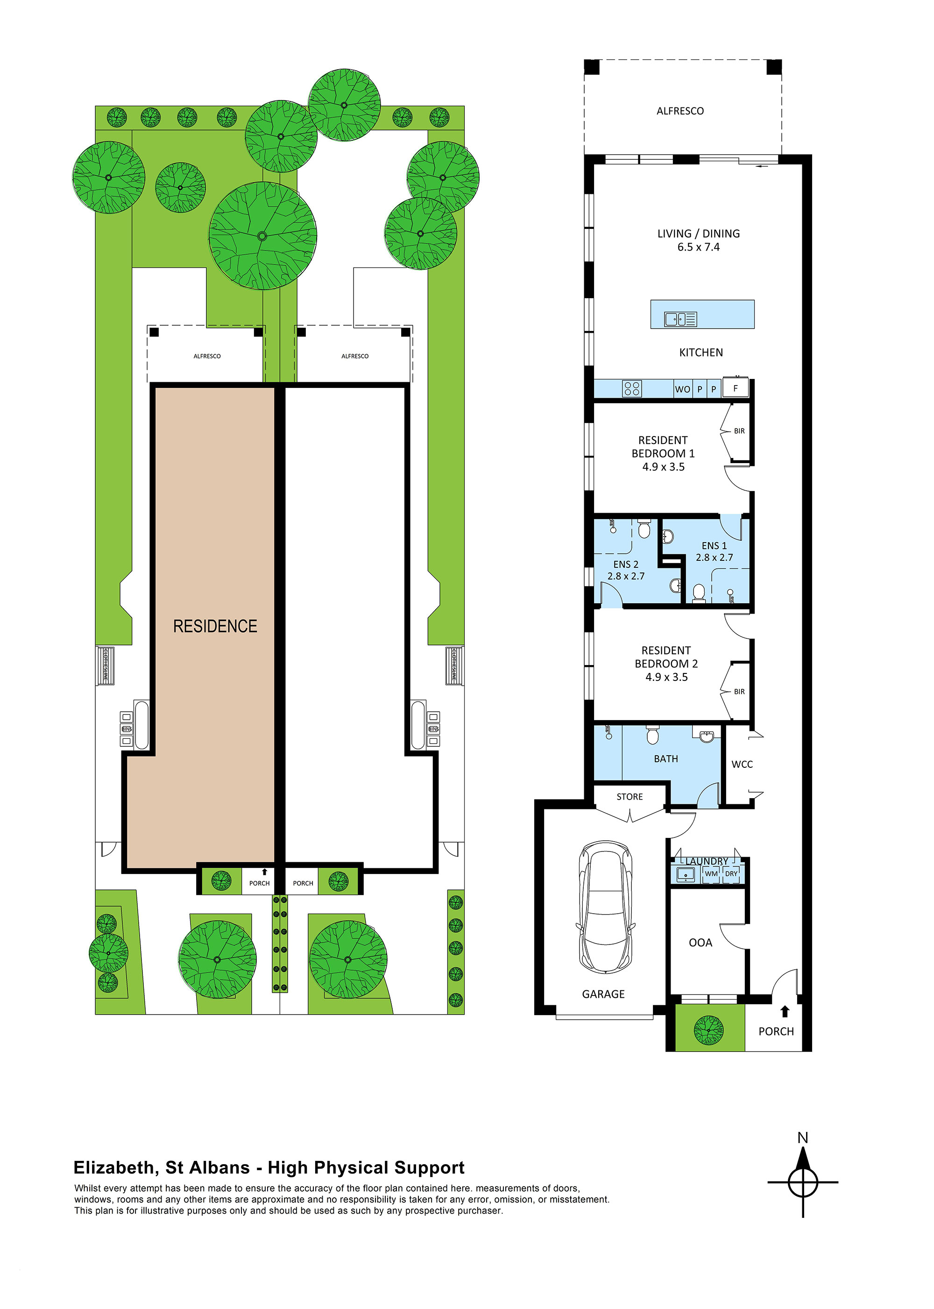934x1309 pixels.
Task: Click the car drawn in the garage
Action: pos(605,908)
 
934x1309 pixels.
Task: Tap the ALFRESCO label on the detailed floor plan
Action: pos(680,111)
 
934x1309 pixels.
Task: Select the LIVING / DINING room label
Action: pos(698,234)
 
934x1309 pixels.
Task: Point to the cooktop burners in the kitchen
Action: pos(631,389)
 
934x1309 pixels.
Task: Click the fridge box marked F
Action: pos(735,388)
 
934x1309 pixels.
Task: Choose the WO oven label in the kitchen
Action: pos(682,390)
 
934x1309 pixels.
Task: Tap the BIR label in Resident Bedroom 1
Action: pos(739,431)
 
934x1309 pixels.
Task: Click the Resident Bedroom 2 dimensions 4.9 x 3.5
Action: pos(666,677)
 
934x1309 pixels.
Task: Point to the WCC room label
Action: pos(742,764)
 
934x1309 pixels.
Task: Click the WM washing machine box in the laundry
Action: pos(711,873)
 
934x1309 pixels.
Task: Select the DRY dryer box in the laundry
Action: pos(731,873)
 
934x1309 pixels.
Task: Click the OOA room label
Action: pos(700,943)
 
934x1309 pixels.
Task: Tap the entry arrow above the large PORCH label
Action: pos(785,1011)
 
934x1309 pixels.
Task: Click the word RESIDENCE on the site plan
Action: pos(215,626)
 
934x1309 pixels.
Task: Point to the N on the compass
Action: pos(803,1137)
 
